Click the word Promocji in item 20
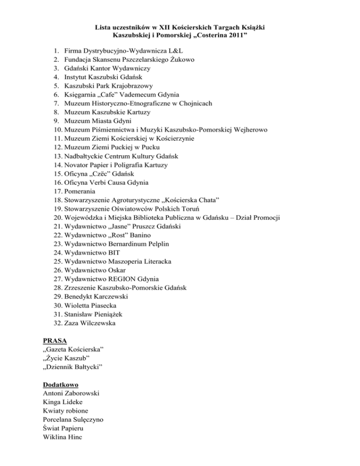pos(264,218)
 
